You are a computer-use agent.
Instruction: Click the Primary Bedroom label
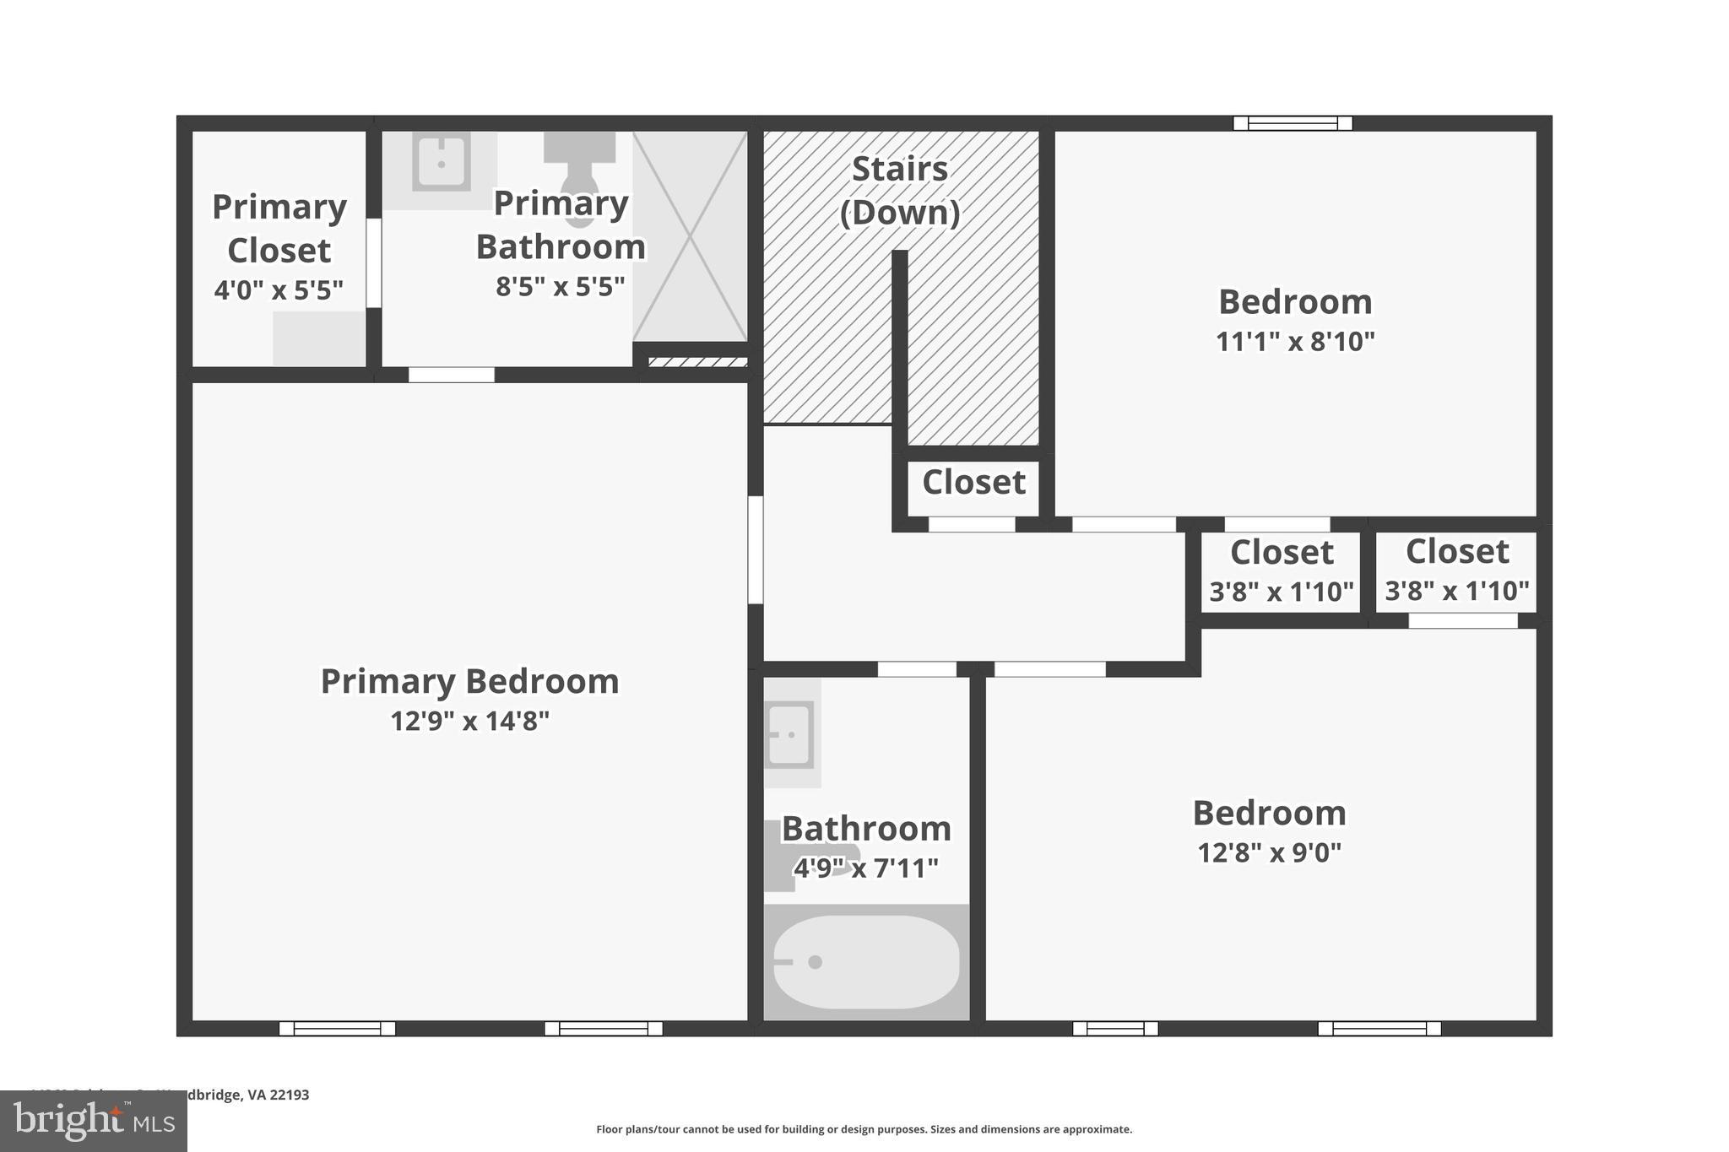pyautogui.click(x=469, y=682)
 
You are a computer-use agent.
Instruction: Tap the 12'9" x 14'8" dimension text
pyautogui.click(x=469, y=722)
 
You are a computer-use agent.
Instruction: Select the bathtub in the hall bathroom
pyautogui.click(x=866, y=962)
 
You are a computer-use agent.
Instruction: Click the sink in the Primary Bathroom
pyautogui.click(x=441, y=162)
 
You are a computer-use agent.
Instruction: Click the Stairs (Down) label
pyautogui.click(x=900, y=191)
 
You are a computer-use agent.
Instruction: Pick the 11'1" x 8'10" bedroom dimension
pyautogui.click(x=1295, y=342)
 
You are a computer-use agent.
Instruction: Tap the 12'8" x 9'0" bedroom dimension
pyautogui.click(x=1269, y=853)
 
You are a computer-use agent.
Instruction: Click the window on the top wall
pyautogui.click(x=1293, y=123)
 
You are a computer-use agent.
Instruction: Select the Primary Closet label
pyautogui.click(x=279, y=229)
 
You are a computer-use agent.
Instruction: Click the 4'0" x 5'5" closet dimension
pyautogui.click(x=279, y=290)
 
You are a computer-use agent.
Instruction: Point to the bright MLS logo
pyautogui.click(x=93, y=1121)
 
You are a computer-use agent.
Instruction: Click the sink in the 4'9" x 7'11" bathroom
pyautogui.click(x=790, y=734)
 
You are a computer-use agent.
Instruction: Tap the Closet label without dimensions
pyautogui.click(x=973, y=483)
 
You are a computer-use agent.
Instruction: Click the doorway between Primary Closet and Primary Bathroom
pyautogui.click(x=373, y=262)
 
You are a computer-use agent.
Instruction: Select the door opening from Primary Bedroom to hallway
pyautogui.click(x=756, y=549)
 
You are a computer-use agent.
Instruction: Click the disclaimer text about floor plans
pyautogui.click(x=864, y=1129)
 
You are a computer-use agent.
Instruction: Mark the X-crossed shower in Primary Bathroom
pyautogui.click(x=690, y=236)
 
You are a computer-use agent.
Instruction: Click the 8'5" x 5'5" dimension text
pyautogui.click(x=560, y=287)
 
